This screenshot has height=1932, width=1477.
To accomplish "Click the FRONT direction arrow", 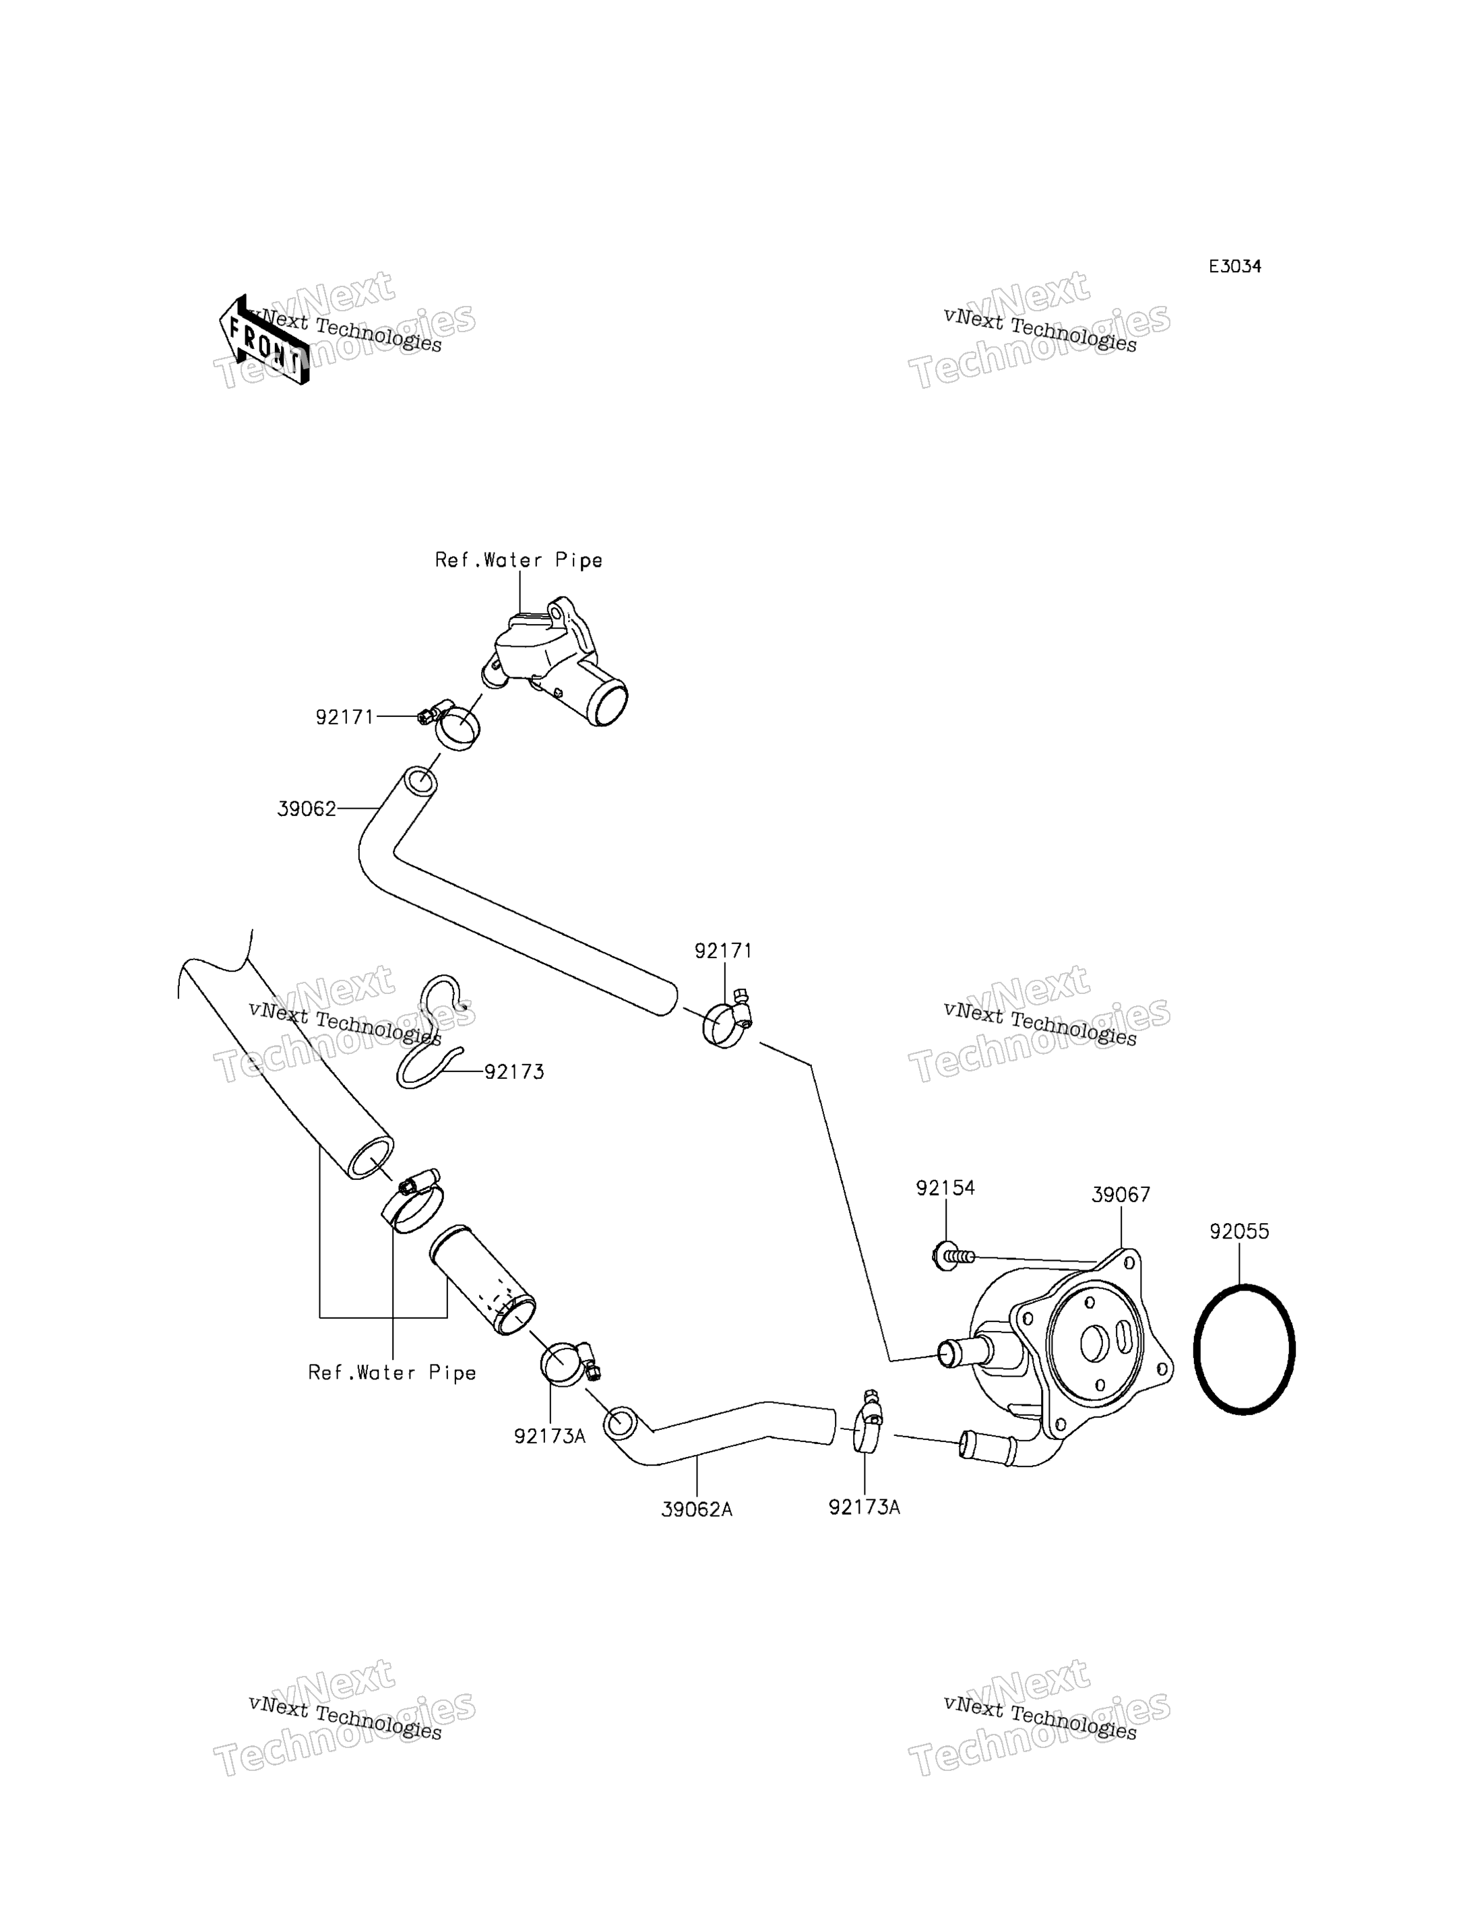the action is pos(263,340).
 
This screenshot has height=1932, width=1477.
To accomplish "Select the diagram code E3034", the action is pos(1234,266).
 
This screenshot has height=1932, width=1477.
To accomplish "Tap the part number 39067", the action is pos(1121,1195).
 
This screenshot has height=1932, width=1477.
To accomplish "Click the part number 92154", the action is pos(945,1188).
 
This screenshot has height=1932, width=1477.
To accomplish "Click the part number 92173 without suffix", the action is pos(514,1072).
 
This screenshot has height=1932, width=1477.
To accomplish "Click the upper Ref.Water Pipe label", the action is pos(519,560).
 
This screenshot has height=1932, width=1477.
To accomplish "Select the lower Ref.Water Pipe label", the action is pos(392,1373).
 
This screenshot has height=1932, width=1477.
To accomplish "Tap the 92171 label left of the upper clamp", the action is pos(344,718).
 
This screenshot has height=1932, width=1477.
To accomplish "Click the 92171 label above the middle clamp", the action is pos(724,951).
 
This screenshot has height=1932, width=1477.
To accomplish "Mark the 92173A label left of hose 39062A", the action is pos(549,1436).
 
